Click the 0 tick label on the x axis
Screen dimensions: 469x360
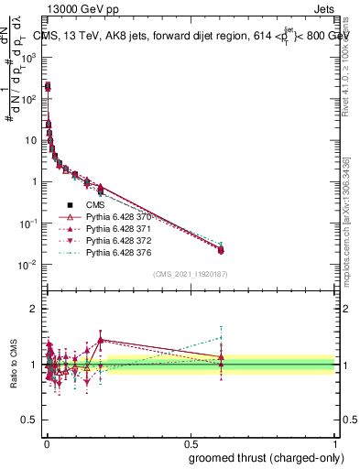[46, 441]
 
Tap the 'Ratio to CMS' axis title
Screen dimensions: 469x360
[13, 364]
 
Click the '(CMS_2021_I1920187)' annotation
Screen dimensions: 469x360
[189, 274]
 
